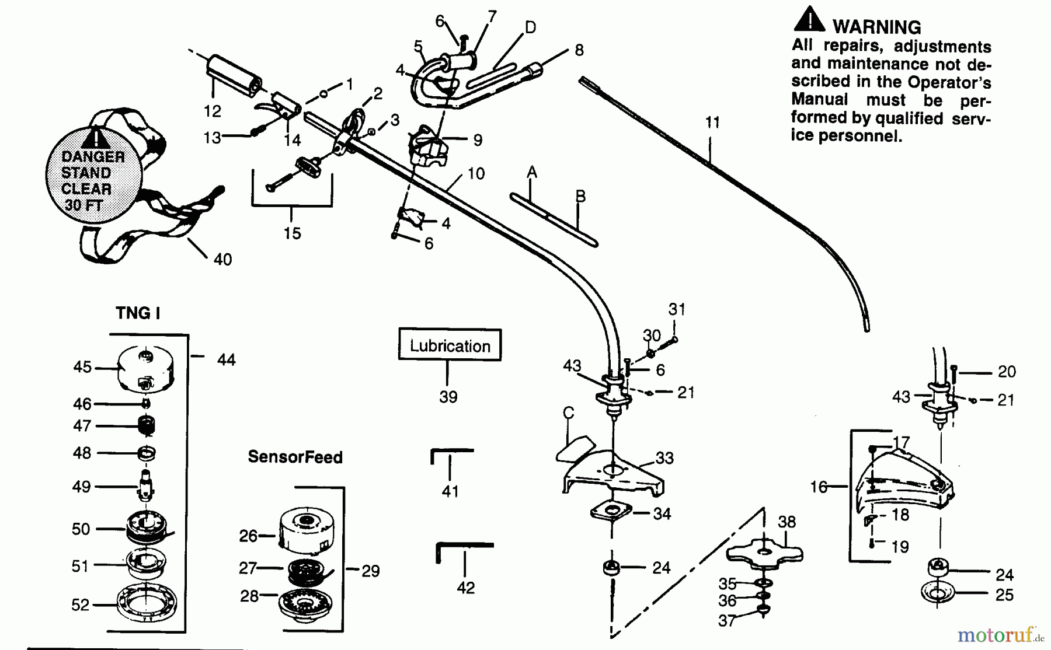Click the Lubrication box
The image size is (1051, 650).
coord(450,345)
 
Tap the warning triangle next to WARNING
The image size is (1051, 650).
coord(809,19)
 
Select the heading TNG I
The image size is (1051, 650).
coord(138,313)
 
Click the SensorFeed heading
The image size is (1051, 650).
coord(295,457)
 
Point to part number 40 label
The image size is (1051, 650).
coord(223,259)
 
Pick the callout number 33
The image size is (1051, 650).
coord(664,458)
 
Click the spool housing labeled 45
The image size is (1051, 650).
coord(146,369)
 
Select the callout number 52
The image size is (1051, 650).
coord(81,605)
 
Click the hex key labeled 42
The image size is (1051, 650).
coord(464,551)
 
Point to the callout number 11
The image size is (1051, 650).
coord(712,123)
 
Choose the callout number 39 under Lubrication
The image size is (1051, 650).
coord(448,397)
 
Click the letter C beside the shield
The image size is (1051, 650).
coord(569,413)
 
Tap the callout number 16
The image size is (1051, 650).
coord(819,486)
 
